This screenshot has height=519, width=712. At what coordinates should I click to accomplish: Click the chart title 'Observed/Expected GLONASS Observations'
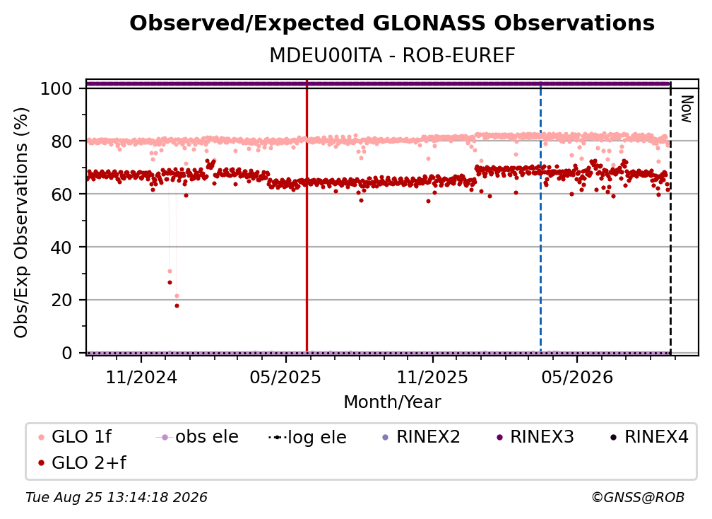tap(392, 23)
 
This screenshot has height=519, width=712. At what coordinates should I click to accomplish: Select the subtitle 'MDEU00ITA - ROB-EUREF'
tap(392, 56)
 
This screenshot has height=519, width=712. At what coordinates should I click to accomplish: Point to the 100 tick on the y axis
tap(57, 88)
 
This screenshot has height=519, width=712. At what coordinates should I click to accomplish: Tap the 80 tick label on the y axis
tap(61, 141)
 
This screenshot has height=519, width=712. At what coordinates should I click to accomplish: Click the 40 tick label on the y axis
tap(61, 247)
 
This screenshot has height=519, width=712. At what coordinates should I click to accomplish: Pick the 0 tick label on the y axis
tap(67, 353)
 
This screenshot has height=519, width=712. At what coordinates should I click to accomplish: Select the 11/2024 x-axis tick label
tap(141, 377)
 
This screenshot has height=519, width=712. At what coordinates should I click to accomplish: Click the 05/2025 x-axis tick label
tap(285, 377)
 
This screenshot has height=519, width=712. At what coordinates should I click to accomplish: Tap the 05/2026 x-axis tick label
tap(576, 377)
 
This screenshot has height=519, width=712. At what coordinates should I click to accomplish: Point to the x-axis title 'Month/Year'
tap(392, 402)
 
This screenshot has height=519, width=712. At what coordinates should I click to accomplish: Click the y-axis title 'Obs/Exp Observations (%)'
tap(21, 223)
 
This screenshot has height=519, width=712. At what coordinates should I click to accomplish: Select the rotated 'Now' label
tap(687, 109)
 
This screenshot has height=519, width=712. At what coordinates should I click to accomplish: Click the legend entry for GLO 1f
tap(75, 437)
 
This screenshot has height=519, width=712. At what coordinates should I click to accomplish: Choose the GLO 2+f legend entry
tap(82, 463)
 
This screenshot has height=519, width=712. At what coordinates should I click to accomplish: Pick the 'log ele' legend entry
tap(307, 437)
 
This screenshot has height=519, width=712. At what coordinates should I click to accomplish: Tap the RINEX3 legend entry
tap(535, 437)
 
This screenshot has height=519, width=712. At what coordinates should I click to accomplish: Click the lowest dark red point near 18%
tap(177, 306)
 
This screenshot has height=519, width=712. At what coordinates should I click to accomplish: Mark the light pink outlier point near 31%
tap(170, 272)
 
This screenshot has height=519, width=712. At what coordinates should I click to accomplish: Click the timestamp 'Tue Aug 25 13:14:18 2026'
tap(117, 498)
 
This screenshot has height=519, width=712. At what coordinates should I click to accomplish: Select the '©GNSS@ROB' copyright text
tap(638, 498)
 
